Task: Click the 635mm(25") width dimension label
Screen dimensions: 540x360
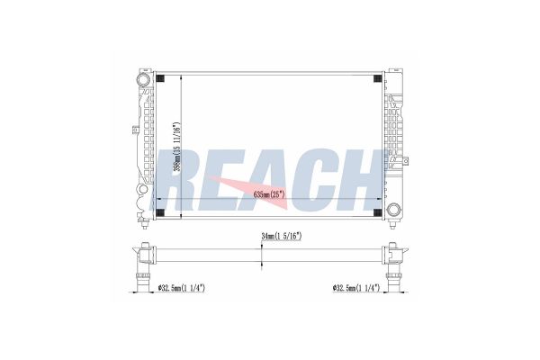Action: point(269,194)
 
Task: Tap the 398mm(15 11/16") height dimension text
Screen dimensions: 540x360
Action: point(176,147)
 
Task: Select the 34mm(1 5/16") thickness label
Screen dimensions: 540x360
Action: point(282,237)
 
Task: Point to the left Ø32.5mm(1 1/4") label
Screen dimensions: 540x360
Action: point(181,288)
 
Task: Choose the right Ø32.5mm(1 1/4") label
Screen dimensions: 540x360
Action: point(356,288)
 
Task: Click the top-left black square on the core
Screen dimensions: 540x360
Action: point(160,78)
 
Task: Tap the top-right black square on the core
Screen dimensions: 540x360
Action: point(377,78)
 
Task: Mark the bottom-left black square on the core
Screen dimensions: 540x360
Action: point(160,212)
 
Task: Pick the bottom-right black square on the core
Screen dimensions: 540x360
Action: point(377,212)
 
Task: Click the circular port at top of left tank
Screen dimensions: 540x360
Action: point(143,80)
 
